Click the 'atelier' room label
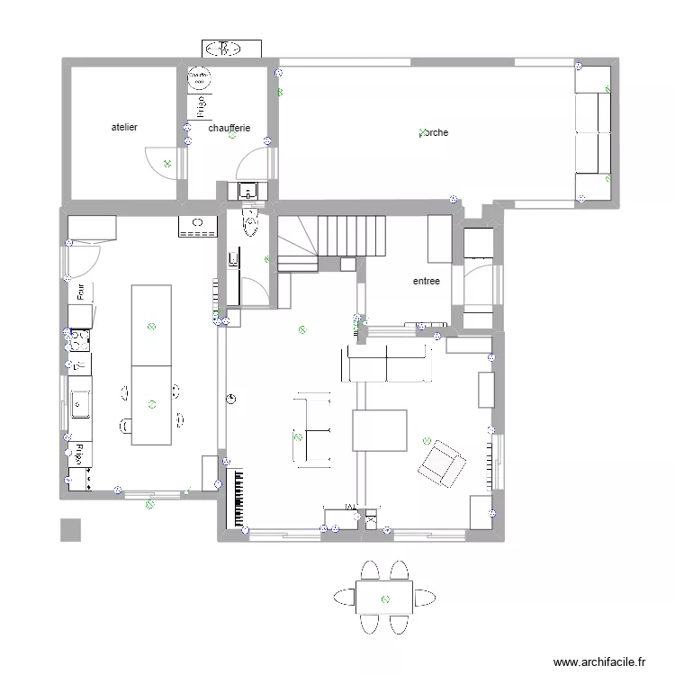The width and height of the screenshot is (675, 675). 124,128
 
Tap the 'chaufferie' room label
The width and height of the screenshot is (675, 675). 229,128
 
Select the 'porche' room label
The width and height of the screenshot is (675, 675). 434,133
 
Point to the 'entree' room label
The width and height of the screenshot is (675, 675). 427,281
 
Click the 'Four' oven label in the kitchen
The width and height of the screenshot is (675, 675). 80,292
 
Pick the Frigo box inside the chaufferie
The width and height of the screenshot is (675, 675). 198,106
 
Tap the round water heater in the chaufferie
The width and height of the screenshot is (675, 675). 198,79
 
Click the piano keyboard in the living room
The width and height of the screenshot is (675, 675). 238,497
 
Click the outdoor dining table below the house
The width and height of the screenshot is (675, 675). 384,598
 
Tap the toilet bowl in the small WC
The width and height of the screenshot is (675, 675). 250,224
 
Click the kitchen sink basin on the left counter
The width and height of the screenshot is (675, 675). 81,398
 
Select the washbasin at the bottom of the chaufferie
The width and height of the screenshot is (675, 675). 248,191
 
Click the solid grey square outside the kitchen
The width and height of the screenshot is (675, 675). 70,530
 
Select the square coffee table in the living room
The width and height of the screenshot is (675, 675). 380,430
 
